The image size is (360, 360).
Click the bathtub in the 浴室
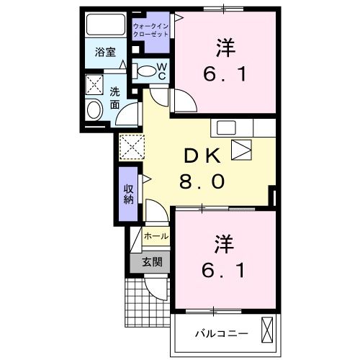pyautogui.click(x=106, y=24)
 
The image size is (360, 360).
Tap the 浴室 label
pyautogui.click(x=105, y=52)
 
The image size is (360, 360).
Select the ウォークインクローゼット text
pyautogui.click(x=150, y=30)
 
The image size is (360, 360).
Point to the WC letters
pyautogui.click(x=162, y=71)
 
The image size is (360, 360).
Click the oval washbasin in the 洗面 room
pyautogui.click(x=94, y=110)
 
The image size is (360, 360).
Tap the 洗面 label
pyautogui.click(x=115, y=98)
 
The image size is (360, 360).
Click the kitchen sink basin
pyautogui.click(x=226, y=127)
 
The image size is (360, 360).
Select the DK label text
pyautogui.click(x=202, y=156)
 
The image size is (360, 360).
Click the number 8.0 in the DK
pyautogui.click(x=202, y=181)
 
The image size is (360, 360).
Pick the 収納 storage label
pyautogui.click(x=129, y=194)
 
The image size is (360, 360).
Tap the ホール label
pyautogui.click(x=156, y=236)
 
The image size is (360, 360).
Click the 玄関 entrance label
pyautogui.click(x=152, y=262)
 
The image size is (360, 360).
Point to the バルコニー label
pyautogui.click(x=221, y=333)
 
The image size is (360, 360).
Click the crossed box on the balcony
pyautogui.click(x=267, y=330)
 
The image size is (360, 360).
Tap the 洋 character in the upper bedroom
pyautogui.click(x=225, y=48)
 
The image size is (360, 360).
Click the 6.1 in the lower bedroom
pyautogui.click(x=223, y=270)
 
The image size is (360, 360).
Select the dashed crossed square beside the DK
pyautogui.click(x=132, y=147)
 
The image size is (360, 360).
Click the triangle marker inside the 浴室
pyautogui.click(x=123, y=64)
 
